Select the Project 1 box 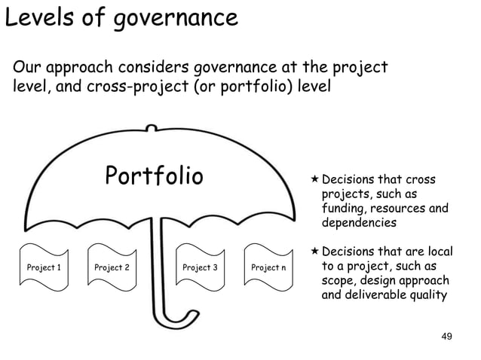[x=44, y=267]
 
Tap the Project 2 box [x=112, y=267]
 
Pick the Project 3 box [x=200, y=267]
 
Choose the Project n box [x=268, y=267]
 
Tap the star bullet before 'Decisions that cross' [x=316, y=181]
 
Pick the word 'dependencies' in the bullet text [x=358, y=224]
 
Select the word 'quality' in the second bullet [x=426, y=294]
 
